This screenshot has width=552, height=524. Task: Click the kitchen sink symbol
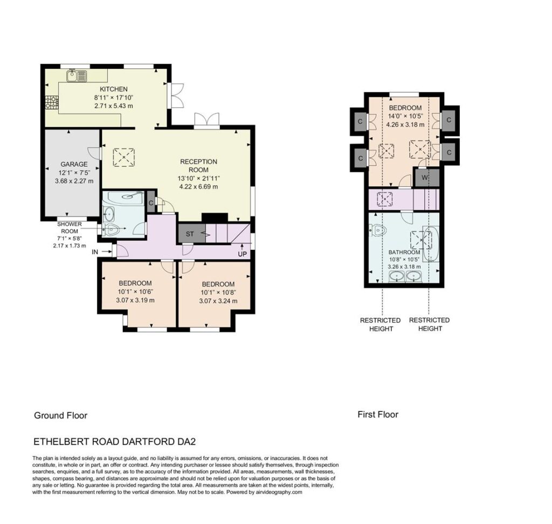click(77, 76)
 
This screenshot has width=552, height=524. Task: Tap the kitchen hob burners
click(51, 102)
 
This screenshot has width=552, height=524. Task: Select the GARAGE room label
click(74, 164)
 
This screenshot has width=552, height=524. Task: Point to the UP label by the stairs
click(242, 254)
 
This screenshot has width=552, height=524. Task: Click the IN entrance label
click(95, 252)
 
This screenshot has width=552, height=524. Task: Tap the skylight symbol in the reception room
click(123, 157)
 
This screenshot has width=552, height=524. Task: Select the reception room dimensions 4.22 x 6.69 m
click(198, 187)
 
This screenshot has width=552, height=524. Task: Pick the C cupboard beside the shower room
click(151, 202)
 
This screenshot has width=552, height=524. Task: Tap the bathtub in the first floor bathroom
click(431, 244)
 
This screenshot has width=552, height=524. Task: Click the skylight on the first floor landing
click(385, 199)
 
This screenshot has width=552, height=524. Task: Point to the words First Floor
click(378, 414)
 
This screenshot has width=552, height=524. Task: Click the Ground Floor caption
click(60, 415)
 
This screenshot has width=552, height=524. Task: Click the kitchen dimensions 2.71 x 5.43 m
click(114, 106)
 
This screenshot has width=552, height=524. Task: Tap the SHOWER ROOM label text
click(70, 228)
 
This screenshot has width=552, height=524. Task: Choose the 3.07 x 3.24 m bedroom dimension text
click(218, 301)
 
